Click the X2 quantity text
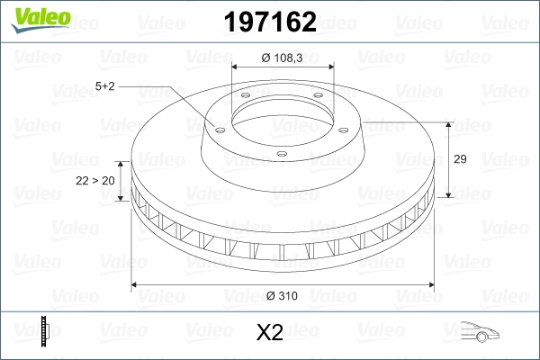point(270,333)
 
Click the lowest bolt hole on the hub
point(281,153)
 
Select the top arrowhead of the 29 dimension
point(449,123)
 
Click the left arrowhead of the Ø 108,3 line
point(236,67)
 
